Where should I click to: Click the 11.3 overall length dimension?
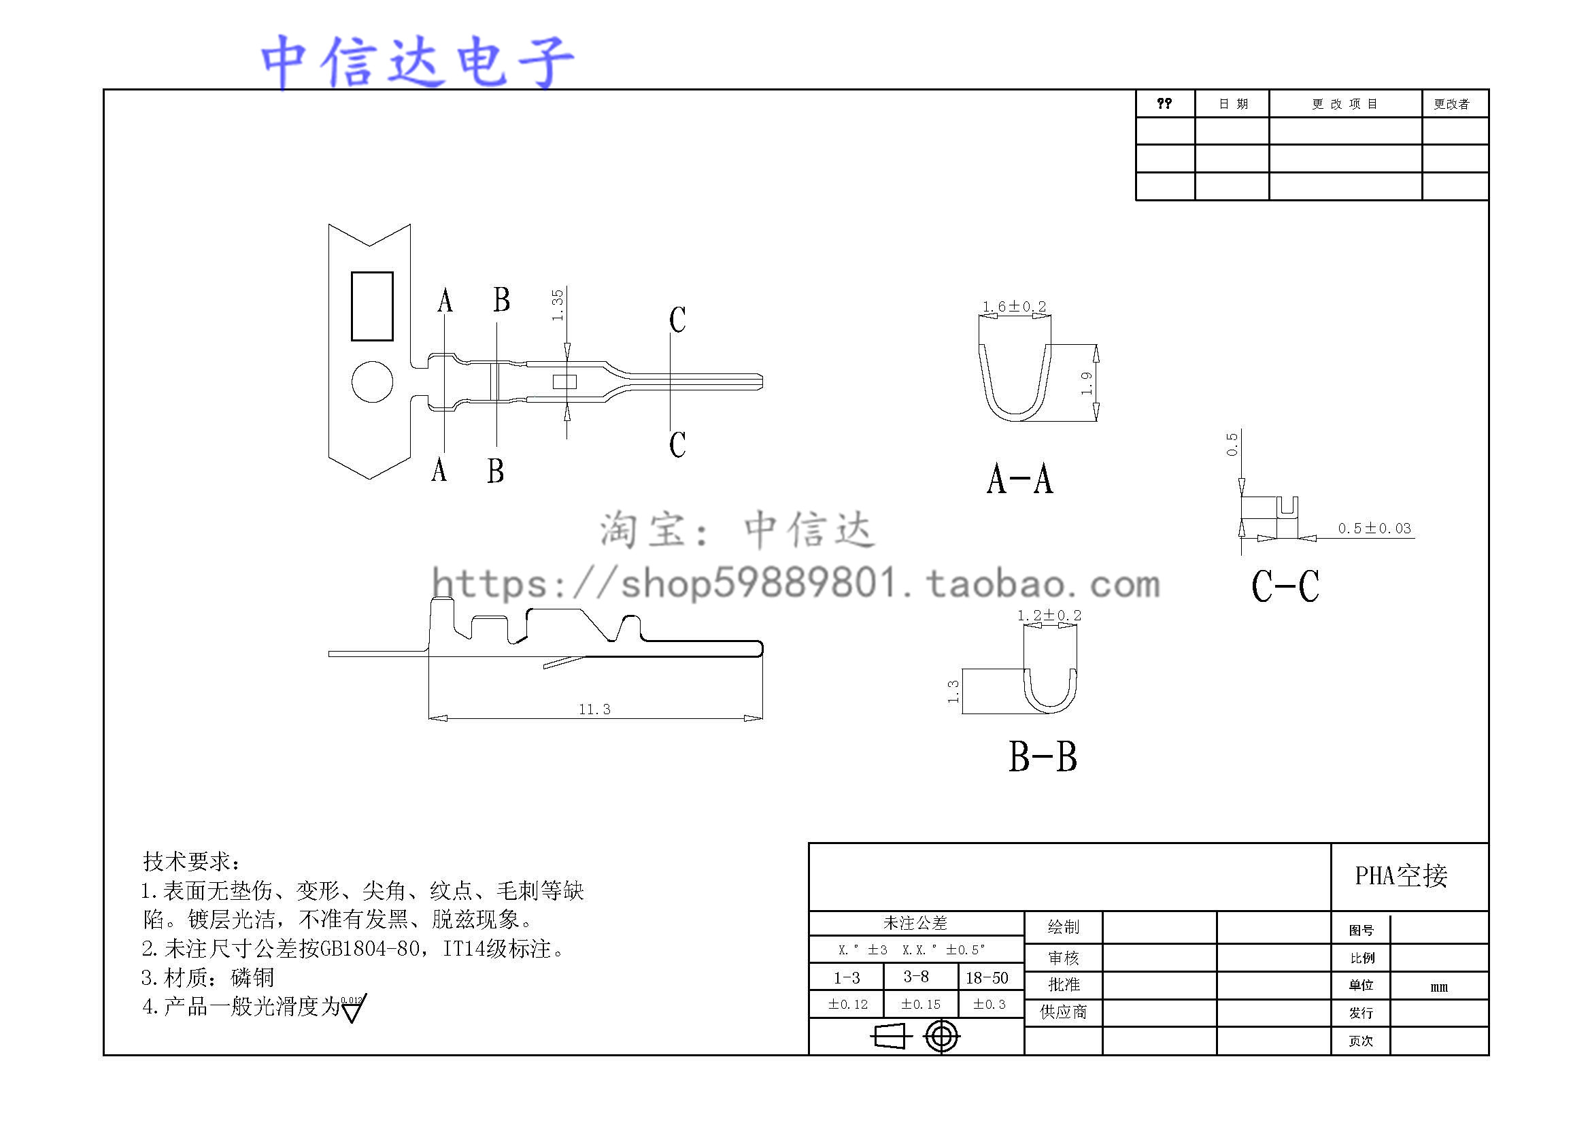pyautogui.click(x=594, y=709)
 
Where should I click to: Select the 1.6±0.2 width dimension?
pyautogui.click(x=1014, y=306)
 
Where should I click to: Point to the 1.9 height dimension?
pyautogui.click(x=1087, y=383)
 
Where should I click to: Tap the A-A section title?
pyautogui.click(x=1019, y=479)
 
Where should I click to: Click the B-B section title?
pyautogui.click(x=1043, y=756)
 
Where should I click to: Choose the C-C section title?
pyautogui.click(x=1285, y=586)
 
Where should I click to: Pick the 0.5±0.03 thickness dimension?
pyautogui.click(x=1374, y=528)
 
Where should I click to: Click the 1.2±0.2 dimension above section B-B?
pyautogui.click(x=1049, y=615)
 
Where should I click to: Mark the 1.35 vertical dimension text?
pyautogui.click(x=558, y=305)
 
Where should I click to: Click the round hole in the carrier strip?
pyautogui.click(x=372, y=381)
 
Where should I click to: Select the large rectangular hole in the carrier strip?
pyautogui.click(x=372, y=306)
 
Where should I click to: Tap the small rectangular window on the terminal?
pyautogui.click(x=564, y=382)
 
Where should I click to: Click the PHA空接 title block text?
pyautogui.click(x=1401, y=876)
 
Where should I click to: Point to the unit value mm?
pyautogui.click(x=1438, y=986)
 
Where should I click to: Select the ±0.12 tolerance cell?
pyautogui.click(x=847, y=1004)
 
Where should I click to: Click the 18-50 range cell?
pyautogui.click(x=987, y=977)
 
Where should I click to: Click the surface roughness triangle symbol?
pyautogui.click(x=353, y=1010)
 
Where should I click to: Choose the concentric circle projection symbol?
pyautogui.click(x=941, y=1037)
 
